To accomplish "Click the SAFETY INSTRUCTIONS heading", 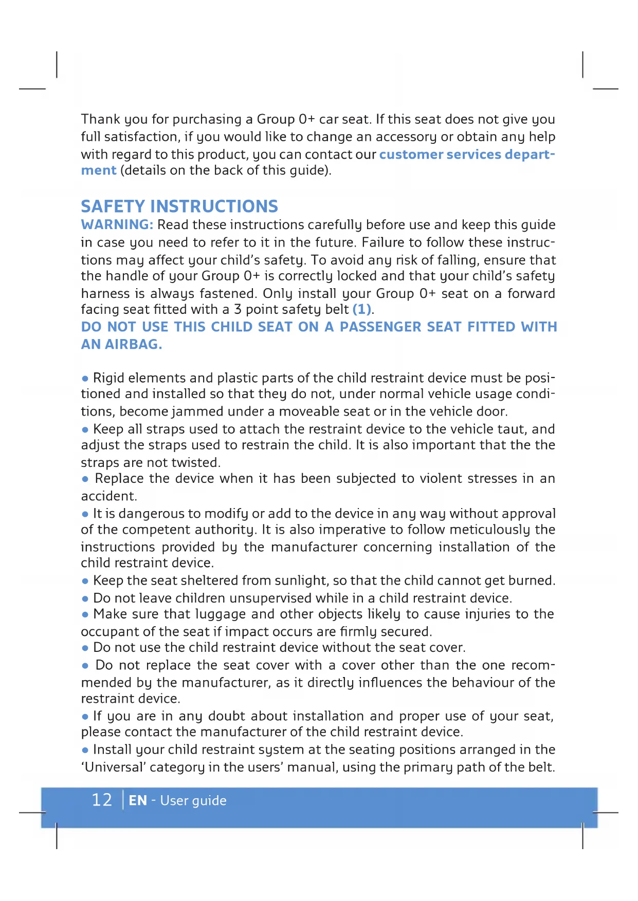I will coord(179,207).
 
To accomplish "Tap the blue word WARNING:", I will coord(117,225).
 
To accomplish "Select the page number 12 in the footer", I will coord(102,800).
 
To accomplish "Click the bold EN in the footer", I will coord(138,800).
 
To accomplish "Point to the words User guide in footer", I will coord(193,801).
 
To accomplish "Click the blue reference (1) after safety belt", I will coord(362,309).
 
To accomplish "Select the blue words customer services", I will coord(440,154).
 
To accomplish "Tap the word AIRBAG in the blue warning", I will coord(133,344).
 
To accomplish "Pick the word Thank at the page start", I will coord(100,119).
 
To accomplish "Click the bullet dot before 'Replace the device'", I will coord(85,479).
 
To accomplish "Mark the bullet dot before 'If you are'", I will coord(85,717).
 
